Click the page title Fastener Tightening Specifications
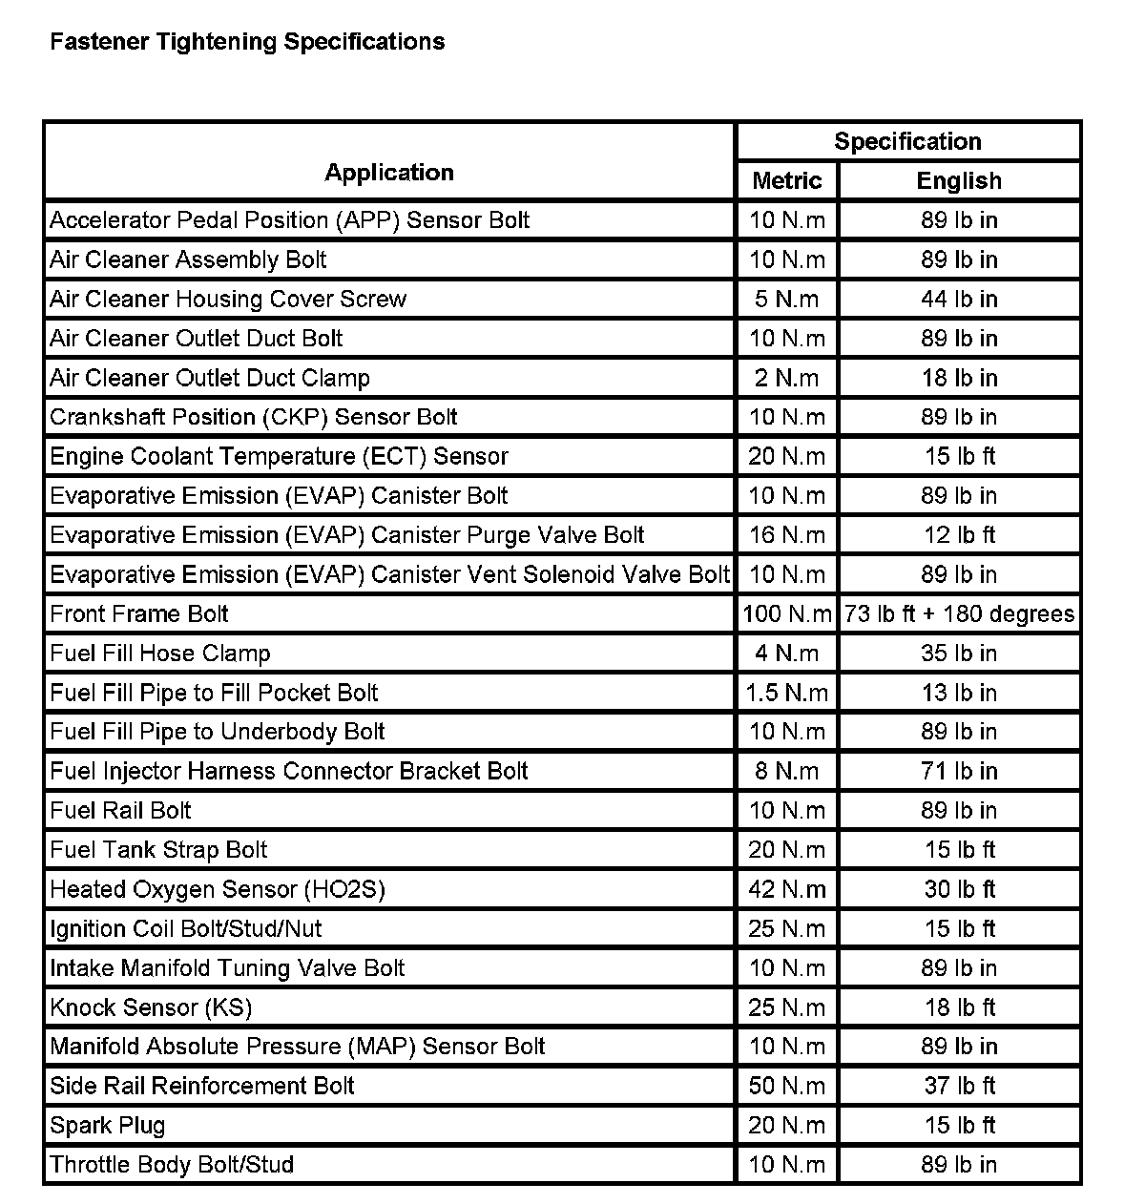pyautogui.click(x=247, y=42)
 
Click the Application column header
pyautogui.click(x=389, y=173)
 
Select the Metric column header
pyautogui.click(x=787, y=180)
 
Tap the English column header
pyautogui.click(x=959, y=180)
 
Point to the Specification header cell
pyautogui.click(x=907, y=141)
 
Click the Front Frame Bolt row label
pyautogui.click(x=139, y=613)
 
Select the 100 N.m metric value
pyautogui.click(x=787, y=613)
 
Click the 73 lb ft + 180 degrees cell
pyautogui.click(x=959, y=613)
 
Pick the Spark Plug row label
pyautogui.click(x=108, y=1125)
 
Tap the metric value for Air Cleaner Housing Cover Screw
pyautogui.click(x=787, y=299)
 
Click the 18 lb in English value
pyautogui.click(x=959, y=378)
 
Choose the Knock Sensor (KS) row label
pyautogui.click(x=151, y=1007)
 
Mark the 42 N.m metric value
pyautogui.click(x=787, y=889)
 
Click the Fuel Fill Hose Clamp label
pyautogui.click(x=160, y=654)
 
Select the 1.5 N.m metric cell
pyautogui.click(x=787, y=693)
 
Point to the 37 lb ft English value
pyautogui.click(x=959, y=1086)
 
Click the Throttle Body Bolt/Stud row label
pyautogui.click(x=172, y=1164)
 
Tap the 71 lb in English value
pyautogui.click(x=959, y=771)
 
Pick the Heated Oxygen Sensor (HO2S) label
pyautogui.click(x=218, y=889)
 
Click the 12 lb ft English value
pyautogui.click(x=959, y=535)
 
